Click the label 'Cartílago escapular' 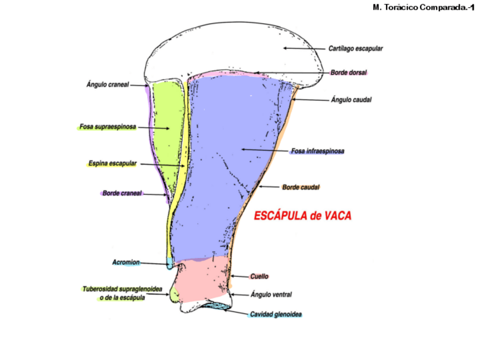pyautogui.click(x=355, y=49)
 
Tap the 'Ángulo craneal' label pyautogui.click(x=108, y=84)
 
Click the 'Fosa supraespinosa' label pyautogui.click(x=108, y=127)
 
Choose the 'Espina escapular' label pyautogui.click(x=113, y=164)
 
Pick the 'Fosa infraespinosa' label pyautogui.click(x=318, y=151)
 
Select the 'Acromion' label pyautogui.click(x=125, y=263)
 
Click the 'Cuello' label pyautogui.click(x=259, y=276)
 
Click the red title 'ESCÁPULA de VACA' pyautogui.click(x=302, y=216)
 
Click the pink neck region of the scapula pyautogui.click(x=204, y=280)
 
